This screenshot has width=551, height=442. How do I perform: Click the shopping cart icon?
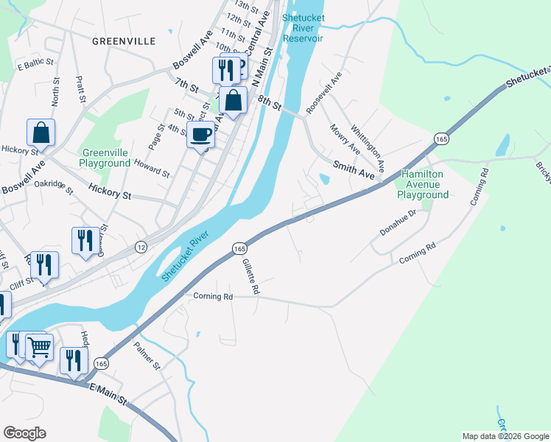pos(40,346)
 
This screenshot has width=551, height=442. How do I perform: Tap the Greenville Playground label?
pos(105,158)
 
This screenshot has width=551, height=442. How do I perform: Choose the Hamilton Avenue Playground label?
pos(423,184)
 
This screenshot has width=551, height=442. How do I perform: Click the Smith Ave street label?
pos(354,170)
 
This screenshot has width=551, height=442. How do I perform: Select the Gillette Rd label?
pos(250,277)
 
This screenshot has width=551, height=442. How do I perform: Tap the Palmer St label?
pos(147,354)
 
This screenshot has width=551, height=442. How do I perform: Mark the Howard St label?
pos(151,169)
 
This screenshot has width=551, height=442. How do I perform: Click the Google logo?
pos(24,432)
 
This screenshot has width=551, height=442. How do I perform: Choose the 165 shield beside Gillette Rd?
pos(240,250)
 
